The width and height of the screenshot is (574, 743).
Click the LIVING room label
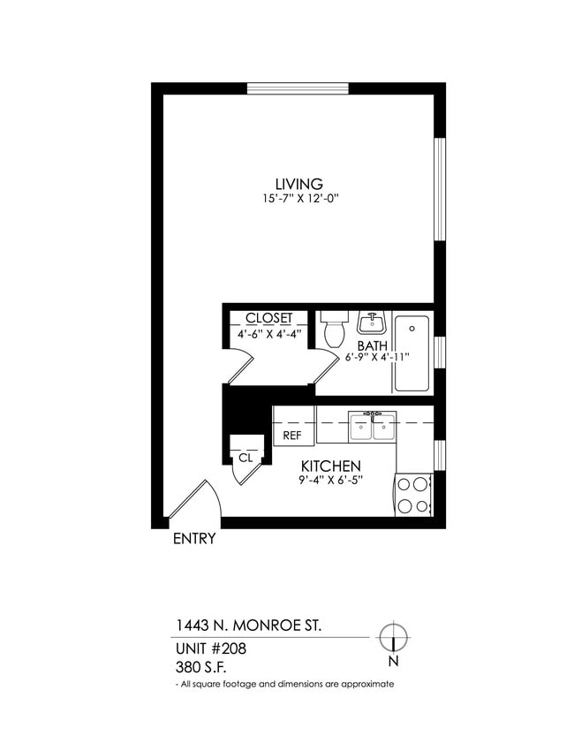298,183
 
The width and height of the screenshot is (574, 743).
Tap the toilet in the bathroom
334,332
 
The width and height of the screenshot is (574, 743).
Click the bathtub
412,353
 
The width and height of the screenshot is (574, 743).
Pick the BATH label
372,345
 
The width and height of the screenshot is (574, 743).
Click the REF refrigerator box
293,435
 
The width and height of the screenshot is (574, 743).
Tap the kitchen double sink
372,428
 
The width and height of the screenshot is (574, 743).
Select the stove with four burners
412,495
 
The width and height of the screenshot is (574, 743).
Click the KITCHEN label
330,466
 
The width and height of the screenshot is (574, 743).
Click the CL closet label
245,458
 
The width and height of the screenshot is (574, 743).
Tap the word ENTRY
193,538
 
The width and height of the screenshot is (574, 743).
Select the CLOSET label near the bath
268,318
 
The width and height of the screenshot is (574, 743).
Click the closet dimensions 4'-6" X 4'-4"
268,335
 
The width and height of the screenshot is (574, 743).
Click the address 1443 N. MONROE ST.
247,625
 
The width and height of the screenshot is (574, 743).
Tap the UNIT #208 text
211,648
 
